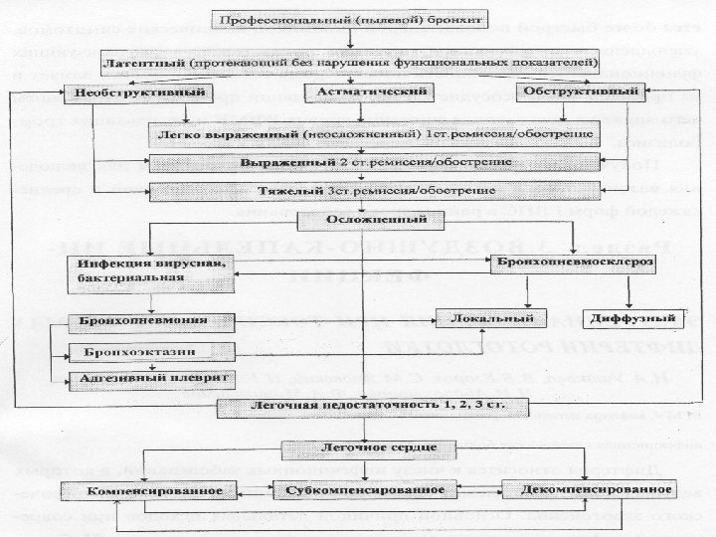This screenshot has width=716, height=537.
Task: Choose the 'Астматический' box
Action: (359, 92)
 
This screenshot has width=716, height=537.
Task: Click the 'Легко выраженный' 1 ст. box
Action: (373, 131)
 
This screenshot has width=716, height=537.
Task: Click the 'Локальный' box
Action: (492, 318)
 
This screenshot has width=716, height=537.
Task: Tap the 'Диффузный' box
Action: (631, 318)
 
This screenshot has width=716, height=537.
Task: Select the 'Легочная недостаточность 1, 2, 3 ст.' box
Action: (365, 406)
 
